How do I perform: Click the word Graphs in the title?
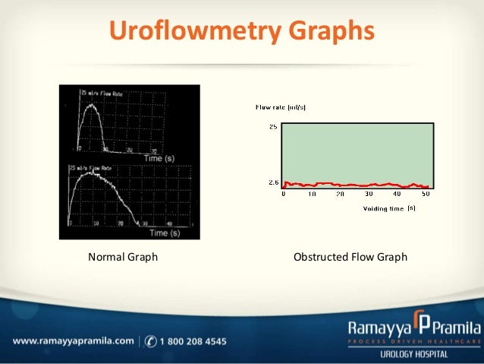click(332, 30)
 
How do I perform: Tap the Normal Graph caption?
click(123, 257)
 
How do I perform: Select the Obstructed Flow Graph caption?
click(350, 257)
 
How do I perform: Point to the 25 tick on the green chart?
click(272, 126)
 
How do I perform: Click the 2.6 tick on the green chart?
click(272, 182)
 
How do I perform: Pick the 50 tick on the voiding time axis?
click(426, 194)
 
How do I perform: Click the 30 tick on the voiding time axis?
click(369, 194)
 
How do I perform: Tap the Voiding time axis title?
click(384, 207)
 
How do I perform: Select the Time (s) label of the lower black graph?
click(163, 233)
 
